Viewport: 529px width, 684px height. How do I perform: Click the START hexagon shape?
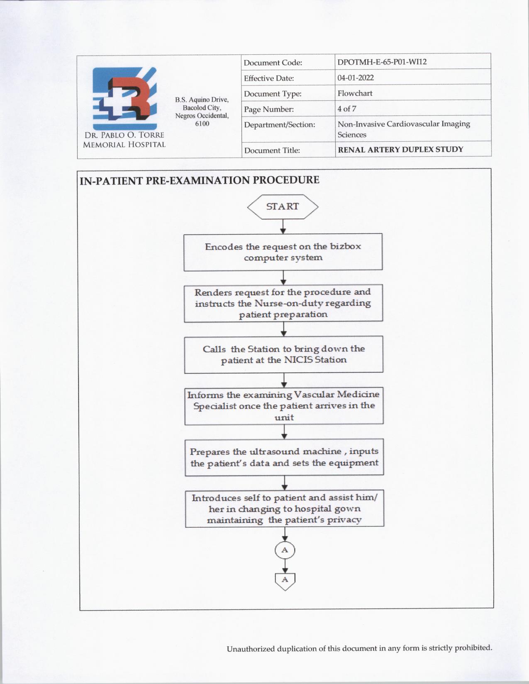pyautogui.click(x=283, y=206)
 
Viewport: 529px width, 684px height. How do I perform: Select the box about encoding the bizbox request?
pyautogui.click(x=283, y=252)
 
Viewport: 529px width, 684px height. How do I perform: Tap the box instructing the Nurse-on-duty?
pyautogui.click(x=283, y=303)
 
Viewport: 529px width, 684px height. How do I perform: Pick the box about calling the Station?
pyautogui.click(x=283, y=354)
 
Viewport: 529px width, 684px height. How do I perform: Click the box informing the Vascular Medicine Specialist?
pyautogui.click(x=284, y=406)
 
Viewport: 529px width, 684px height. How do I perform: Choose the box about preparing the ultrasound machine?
pyautogui.click(x=284, y=457)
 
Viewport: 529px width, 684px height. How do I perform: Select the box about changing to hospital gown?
pyautogui.click(x=284, y=509)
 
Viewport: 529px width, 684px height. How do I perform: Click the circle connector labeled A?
pyautogui.click(x=285, y=550)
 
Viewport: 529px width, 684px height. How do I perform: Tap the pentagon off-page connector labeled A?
pyautogui.click(x=285, y=580)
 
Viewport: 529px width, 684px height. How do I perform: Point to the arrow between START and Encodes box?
pyautogui.click(x=283, y=227)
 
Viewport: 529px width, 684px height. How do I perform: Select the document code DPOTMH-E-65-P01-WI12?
pyautogui.click(x=382, y=62)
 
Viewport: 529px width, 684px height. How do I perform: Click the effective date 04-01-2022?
pyautogui.click(x=356, y=78)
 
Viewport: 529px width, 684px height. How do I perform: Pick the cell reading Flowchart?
pyautogui.click(x=355, y=93)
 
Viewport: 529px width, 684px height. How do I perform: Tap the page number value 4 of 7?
pyautogui.click(x=347, y=109)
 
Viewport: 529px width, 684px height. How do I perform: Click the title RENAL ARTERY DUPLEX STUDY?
pyautogui.click(x=400, y=149)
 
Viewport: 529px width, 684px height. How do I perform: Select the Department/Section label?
pyautogui.click(x=280, y=125)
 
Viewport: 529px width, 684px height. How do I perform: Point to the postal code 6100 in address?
pyautogui.click(x=202, y=124)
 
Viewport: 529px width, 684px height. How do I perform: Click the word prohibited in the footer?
pyautogui.click(x=473, y=648)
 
